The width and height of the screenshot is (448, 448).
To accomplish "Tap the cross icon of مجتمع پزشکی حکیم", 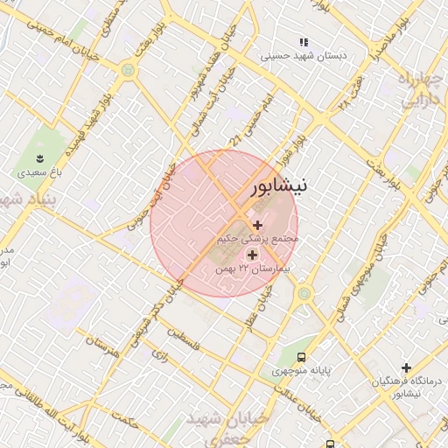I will pos(256,226).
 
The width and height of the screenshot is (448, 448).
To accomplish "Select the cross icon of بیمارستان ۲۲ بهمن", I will pos(253,255).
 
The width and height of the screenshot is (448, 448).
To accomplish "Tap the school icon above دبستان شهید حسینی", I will pos(304,42).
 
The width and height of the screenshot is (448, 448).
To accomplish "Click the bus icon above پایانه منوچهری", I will pos(302,357).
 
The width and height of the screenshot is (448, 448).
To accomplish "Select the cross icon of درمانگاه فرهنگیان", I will pos(406,368).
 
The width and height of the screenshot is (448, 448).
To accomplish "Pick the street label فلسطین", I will pos(184,339).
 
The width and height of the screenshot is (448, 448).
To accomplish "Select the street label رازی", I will pos(159,356).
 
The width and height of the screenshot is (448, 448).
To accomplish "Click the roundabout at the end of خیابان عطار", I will pos(304,293).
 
